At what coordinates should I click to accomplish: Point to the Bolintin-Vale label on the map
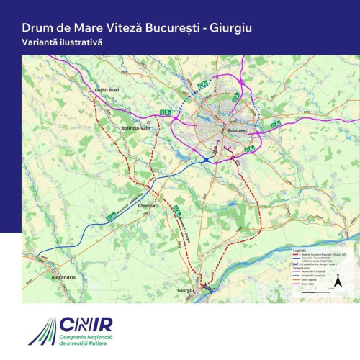tap(137, 127)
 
